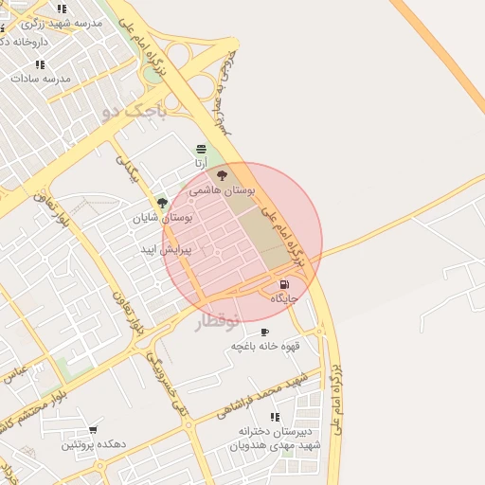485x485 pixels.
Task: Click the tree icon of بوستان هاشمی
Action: point(223,175)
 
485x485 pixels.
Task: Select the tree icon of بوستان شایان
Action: point(162,203)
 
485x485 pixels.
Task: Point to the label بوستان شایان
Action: point(162,218)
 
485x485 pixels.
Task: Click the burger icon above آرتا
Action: point(201,150)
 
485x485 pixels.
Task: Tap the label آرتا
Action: point(201,164)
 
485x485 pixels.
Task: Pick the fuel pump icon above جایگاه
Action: point(284,284)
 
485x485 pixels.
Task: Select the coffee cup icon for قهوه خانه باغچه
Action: point(264,332)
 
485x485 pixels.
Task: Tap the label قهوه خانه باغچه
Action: point(265,347)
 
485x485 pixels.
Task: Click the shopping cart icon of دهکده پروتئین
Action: point(93,430)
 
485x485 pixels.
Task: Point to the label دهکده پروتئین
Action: point(94,444)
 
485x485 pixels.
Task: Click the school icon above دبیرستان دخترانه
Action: point(275,417)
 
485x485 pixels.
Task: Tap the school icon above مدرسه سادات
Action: point(40,64)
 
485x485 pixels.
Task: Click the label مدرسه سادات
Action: point(40,79)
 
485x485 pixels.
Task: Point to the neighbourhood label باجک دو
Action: point(134,112)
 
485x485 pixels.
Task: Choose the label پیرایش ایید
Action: point(166,250)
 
